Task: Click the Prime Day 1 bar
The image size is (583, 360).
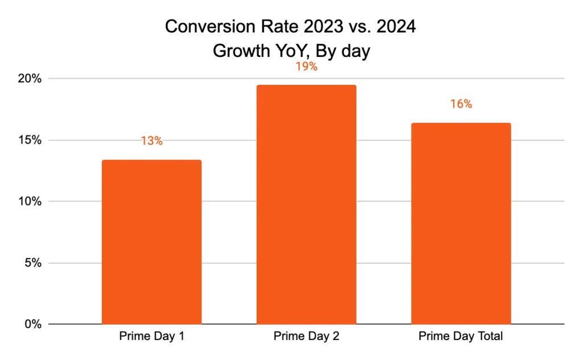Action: point(151,242)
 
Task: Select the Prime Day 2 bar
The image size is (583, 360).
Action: point(306,204)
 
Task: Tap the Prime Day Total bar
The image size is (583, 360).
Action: point(461,223)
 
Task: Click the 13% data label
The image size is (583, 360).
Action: point(151,141)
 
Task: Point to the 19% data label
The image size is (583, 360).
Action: point(306,67)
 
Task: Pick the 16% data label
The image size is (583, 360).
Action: point(461,104)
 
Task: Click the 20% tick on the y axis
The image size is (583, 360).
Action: point(28,79)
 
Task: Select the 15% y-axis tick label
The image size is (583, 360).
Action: point(28,140)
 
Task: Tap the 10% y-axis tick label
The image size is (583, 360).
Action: point(28,202)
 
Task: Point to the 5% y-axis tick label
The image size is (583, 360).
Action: point(31,263)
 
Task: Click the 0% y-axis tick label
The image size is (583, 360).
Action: point(31,325)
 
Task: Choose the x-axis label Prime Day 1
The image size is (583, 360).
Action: point(151,336)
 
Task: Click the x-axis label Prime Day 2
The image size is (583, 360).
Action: point(306,336)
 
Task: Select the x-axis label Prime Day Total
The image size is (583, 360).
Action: point(461,336)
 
